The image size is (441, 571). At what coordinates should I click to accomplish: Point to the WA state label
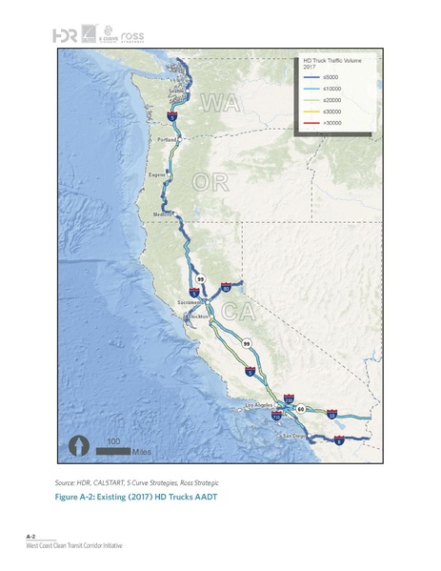click(x=218, y=101)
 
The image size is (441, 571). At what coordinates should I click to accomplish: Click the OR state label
click(x=210, y=181)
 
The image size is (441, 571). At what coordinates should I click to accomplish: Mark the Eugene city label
click(x=158, y=175)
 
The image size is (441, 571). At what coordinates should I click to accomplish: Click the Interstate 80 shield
click(x=225, y=286)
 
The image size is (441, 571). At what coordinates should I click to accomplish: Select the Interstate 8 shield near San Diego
click(x=340, y=440)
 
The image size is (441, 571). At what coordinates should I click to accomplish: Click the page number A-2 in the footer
click(x=30, y=538)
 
